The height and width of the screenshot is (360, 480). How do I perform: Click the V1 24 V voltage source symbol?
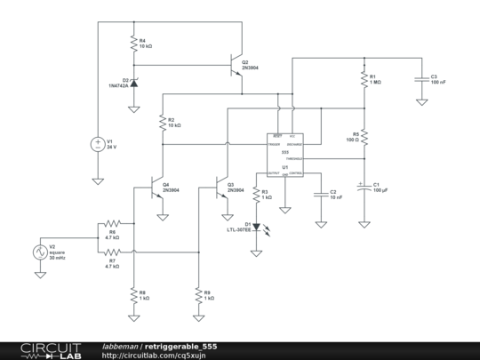click(x=98, y=144)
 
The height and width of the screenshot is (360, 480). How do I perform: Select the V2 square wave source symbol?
click(x=39, y=252)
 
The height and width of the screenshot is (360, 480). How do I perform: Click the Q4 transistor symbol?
click(x=157, y=188)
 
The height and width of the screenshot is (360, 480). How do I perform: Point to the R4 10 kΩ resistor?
click(x=133, y=43)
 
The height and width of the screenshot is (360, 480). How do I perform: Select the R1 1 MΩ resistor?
click(x=363, y=79)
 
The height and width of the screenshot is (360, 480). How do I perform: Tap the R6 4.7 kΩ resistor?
click(x=112, y=223)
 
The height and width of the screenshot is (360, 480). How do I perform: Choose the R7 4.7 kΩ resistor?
click(x=112, y=252)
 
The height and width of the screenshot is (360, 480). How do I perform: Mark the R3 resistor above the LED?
click(x=257, y=195)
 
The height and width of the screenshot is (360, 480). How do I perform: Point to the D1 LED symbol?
click(x=257, y=226)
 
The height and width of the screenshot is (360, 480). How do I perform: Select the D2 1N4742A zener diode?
click(x=133, y=82)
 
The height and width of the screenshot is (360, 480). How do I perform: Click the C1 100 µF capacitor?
click(x=363, y=188)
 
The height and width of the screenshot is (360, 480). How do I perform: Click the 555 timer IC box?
click(x=285, y=154)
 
